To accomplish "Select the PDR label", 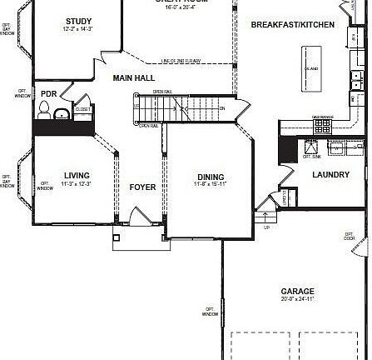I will coord(48,94).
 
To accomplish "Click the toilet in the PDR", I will coord(45,109).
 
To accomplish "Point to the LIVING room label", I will coord(77,175).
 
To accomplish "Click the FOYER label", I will coord(142,187).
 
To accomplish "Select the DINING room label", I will coord(211,176).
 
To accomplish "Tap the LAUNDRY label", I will coord(330,174).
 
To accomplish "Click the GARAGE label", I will coord(297,292).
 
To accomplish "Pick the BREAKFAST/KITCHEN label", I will coord(293,25).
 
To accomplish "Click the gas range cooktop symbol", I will coord(322,125).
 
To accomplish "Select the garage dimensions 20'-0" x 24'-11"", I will coord(297,299).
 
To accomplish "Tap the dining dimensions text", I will coord(211,183).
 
